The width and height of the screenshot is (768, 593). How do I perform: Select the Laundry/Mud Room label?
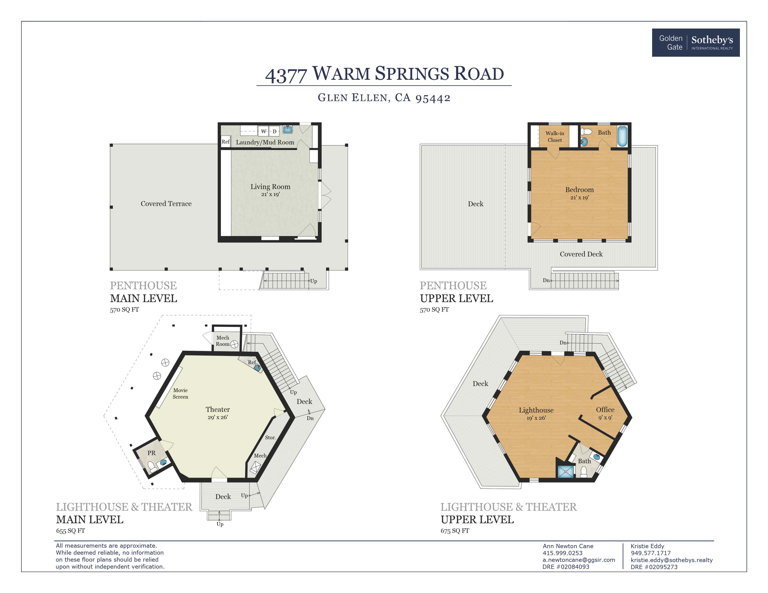265,142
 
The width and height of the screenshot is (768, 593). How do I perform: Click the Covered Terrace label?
166,204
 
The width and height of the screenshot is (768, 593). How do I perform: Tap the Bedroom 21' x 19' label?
579,193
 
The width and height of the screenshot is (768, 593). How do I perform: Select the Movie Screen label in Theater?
180,393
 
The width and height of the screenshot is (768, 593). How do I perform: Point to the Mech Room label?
222,341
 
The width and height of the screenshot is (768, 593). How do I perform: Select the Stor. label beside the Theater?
270,438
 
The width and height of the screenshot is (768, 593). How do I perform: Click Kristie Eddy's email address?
671,560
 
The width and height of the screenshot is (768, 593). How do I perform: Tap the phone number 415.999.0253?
562,553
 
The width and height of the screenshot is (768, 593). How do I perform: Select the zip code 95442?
433,98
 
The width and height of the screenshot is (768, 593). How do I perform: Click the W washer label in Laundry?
263,131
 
